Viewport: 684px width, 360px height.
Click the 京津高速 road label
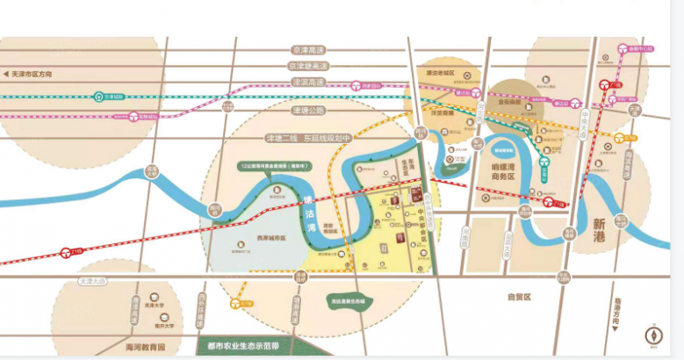click(310, 52)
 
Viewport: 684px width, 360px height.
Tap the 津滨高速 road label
click(309, 82)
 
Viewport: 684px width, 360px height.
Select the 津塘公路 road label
click(308, 110)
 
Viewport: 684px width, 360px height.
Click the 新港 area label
click(605, 222)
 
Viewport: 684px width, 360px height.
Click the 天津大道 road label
click(90, 281)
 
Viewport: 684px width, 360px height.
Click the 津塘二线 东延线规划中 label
click(309, 138)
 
